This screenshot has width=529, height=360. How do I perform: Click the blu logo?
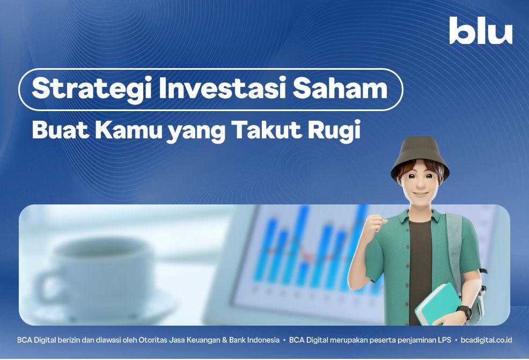(x=481, y=31)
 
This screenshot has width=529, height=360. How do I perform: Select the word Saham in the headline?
(x=340, y=88)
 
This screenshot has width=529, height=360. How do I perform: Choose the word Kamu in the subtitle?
(x=129, y=129)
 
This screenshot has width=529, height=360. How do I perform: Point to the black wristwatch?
(x=466, y=312)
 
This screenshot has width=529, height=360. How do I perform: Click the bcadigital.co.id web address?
(x=486, y=340)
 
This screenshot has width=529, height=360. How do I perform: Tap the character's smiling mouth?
(x=421, y=194)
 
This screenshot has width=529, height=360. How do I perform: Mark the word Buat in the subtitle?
(x=61, y=129)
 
